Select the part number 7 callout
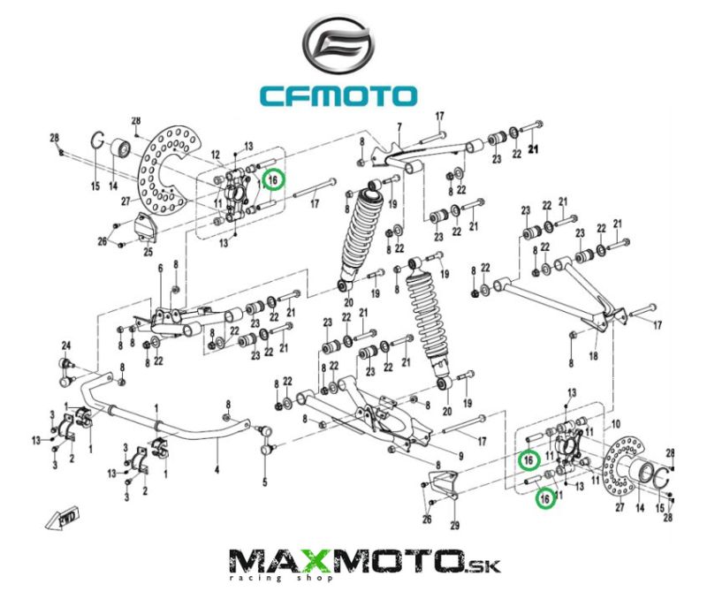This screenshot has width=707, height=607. [x=399, y=126]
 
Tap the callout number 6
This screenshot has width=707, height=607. [x=160, y=269]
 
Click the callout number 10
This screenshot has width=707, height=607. [x=616, y=424]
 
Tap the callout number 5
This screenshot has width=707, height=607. [x=264, y=482]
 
